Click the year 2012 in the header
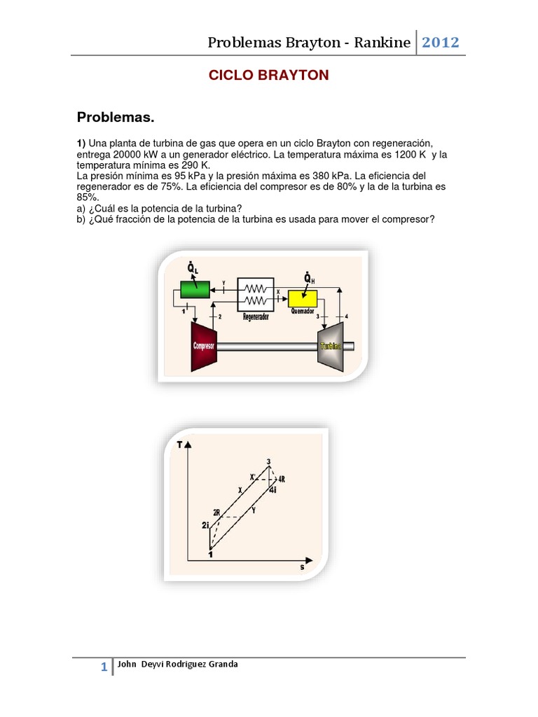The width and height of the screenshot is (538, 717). click(x=440, y=43)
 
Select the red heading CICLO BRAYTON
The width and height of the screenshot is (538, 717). click(x=268, y=76)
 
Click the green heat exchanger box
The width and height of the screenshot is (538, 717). click(x=195, y=288)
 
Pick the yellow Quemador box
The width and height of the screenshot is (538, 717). click(x=303, y=298)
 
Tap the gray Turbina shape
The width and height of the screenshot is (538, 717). click(x=330, y=346)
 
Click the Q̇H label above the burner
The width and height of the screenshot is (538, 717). click(x=308, y=279)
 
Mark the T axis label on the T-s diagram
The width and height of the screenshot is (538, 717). click(x=181, y=445)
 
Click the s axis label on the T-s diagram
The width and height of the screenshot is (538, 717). click(x=302, y=567)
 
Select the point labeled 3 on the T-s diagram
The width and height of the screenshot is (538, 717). click(x=269, y=461)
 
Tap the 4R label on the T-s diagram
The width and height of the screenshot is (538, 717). click(x=282, y=479)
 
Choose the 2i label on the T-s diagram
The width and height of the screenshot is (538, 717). click(x=205, y=525)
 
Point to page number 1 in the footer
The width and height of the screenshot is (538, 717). click(x=104, y=668)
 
